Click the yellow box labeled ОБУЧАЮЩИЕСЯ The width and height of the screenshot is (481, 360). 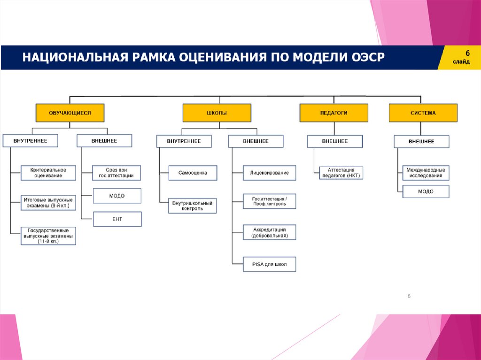pos(70,113)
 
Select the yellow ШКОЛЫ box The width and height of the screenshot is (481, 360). pos(217,113)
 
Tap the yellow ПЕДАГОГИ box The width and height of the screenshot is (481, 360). pos(334,113)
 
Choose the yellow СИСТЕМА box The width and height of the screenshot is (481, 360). pos(423,113)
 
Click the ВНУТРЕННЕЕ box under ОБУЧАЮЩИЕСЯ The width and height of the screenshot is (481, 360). pos(31,141)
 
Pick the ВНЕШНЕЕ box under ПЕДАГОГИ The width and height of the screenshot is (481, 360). pos(335,141)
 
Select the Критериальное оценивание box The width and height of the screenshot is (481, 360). pos(48,173)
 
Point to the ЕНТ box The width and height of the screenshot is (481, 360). pos(117,219)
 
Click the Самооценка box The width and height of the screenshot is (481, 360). pos(193,173)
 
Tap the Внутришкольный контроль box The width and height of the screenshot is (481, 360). pos(193,206)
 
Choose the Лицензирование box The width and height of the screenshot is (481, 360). pos(270,173)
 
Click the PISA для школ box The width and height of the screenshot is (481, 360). pos(270,264)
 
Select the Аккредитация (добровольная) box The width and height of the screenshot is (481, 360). pos(270,232)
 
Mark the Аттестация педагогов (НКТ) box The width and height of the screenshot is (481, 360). pos(341,173)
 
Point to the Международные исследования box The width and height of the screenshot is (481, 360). pos(425,172)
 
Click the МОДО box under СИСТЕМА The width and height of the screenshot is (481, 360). pos(426,191)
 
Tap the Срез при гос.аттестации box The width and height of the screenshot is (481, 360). pos(117,173)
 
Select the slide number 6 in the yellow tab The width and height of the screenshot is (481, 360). pos(467,52)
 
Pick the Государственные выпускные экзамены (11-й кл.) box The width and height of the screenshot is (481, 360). pos(48,236)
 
